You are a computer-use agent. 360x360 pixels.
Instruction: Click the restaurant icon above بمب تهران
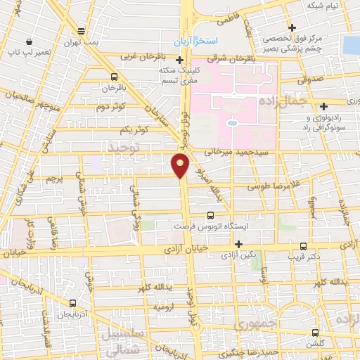pos(82,31)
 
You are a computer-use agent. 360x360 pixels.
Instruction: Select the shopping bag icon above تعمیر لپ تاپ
pos(27,41)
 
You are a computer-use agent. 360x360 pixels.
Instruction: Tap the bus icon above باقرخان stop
pos(114,77)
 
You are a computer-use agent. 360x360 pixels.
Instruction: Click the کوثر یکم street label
pos(134,129)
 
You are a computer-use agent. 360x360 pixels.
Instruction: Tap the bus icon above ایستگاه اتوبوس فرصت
pos(210,217)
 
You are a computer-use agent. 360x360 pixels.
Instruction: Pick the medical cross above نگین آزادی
pos(240,245)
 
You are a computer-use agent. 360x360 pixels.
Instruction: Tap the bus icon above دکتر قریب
pos(303,246)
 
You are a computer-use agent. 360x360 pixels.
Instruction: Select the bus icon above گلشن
pos(314,333)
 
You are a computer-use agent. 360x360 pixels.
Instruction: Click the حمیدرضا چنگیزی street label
pos(259,352)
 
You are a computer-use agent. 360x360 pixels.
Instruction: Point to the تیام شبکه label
pos(323,6)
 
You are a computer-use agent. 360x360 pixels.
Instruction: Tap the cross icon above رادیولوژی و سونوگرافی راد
pos(323,107)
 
